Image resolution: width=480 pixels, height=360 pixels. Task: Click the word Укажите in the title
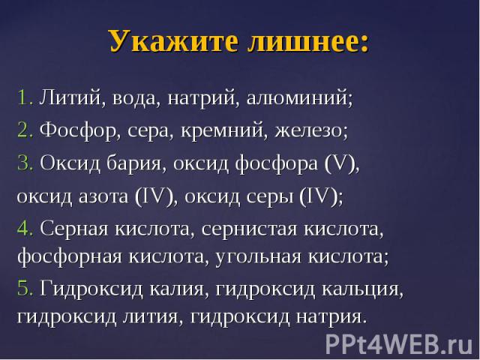(x=173, y=42)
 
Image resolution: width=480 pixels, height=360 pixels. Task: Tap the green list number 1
(x=25, y=97)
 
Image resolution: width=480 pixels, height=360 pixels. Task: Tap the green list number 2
(x=25, y=130)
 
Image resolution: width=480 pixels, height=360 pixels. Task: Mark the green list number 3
(x=25, y=163)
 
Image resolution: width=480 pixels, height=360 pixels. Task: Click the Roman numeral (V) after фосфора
(x=340, y=163)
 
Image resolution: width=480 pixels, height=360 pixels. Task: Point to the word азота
(x=103, y=196)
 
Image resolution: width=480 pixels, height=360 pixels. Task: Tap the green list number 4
(x=25, y=229)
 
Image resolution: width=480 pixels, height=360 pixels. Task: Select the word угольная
(x=258, y=256)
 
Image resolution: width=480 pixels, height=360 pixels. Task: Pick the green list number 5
(x=25, y=288)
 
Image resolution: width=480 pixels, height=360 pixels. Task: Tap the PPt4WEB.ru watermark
(x=399, y=344)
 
